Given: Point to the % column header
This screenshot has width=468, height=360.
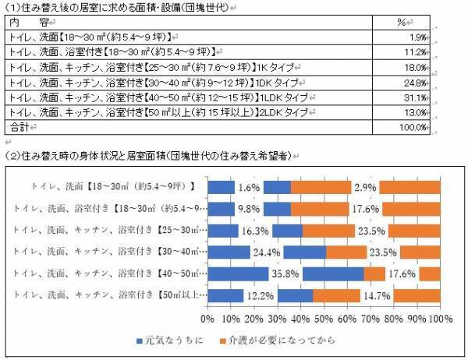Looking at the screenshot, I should pyautogui.click(x=402, y=22).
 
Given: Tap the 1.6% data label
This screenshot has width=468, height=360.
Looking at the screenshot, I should pyautogui.click(x=248, y=187).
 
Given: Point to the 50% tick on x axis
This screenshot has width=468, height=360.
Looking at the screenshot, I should pyautogui.click(x=324, y=319).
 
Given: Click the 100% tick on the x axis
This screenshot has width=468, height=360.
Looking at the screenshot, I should pyautogui.click(x=438, y=319).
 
